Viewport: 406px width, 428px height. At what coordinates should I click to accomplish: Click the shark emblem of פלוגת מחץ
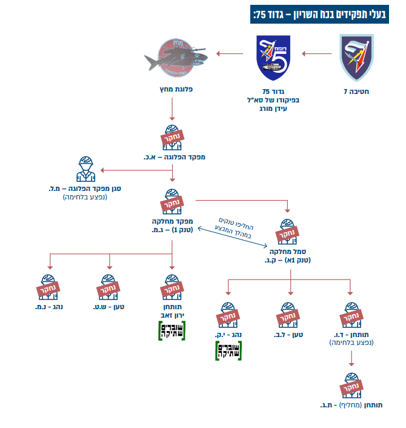point(176,57)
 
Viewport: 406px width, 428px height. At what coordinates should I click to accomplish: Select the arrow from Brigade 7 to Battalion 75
point(317,55)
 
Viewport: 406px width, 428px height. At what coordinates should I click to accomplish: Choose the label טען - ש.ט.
point(110,307)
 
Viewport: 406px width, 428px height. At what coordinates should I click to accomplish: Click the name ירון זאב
point(172,315)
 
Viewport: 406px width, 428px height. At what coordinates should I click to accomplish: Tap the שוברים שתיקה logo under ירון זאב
point(172,332)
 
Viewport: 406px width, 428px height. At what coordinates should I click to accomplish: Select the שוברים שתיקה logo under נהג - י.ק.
point(227,351)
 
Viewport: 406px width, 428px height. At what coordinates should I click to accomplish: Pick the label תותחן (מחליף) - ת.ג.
point(352,404)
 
